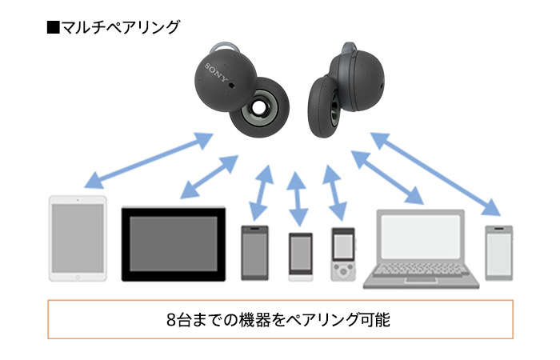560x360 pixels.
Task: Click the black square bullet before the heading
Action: [x=54, y=26]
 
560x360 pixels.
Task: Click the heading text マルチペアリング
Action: [x=121, y=26]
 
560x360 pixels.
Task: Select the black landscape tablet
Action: [x=174, y=244]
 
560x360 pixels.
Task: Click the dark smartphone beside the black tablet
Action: [x=255, y=253]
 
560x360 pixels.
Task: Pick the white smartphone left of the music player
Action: [x=300, y=257]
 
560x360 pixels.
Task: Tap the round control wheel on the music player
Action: [x=342, y=271]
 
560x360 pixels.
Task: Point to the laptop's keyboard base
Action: [x=422, y=277]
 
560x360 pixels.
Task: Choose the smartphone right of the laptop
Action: [x=498, y=253]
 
